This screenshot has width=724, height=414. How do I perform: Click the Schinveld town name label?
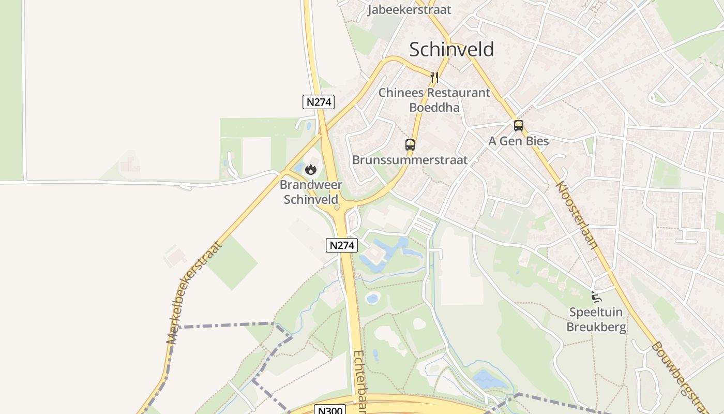click(x=451, y=49)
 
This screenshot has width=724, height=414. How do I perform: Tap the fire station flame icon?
click(x=311, y=169)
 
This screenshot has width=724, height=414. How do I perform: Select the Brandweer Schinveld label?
click(x=311, y=192)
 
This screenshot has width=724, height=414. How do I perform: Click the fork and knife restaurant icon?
click(x=434, y=78)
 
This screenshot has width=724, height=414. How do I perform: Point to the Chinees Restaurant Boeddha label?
click(x=434, y=100)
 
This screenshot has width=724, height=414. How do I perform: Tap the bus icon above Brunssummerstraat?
click(x=410, y=145)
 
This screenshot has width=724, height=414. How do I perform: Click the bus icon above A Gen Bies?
click(x=518, y=126)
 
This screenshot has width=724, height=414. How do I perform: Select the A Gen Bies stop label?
click(x=518, y=141)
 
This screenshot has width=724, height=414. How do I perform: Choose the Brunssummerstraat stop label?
click(x=410, y=160)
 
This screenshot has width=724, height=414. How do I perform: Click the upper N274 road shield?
click(x=319, y=102)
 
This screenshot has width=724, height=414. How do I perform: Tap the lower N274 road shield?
click(x=342, y=245)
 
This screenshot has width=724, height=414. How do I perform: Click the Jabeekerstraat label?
click(x=409, y=10)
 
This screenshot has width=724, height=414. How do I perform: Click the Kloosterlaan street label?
click(x=577, y=214)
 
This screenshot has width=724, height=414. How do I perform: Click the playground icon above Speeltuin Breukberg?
click(x=596, y=297)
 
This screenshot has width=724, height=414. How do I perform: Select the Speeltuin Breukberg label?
click(x=596, y=319)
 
